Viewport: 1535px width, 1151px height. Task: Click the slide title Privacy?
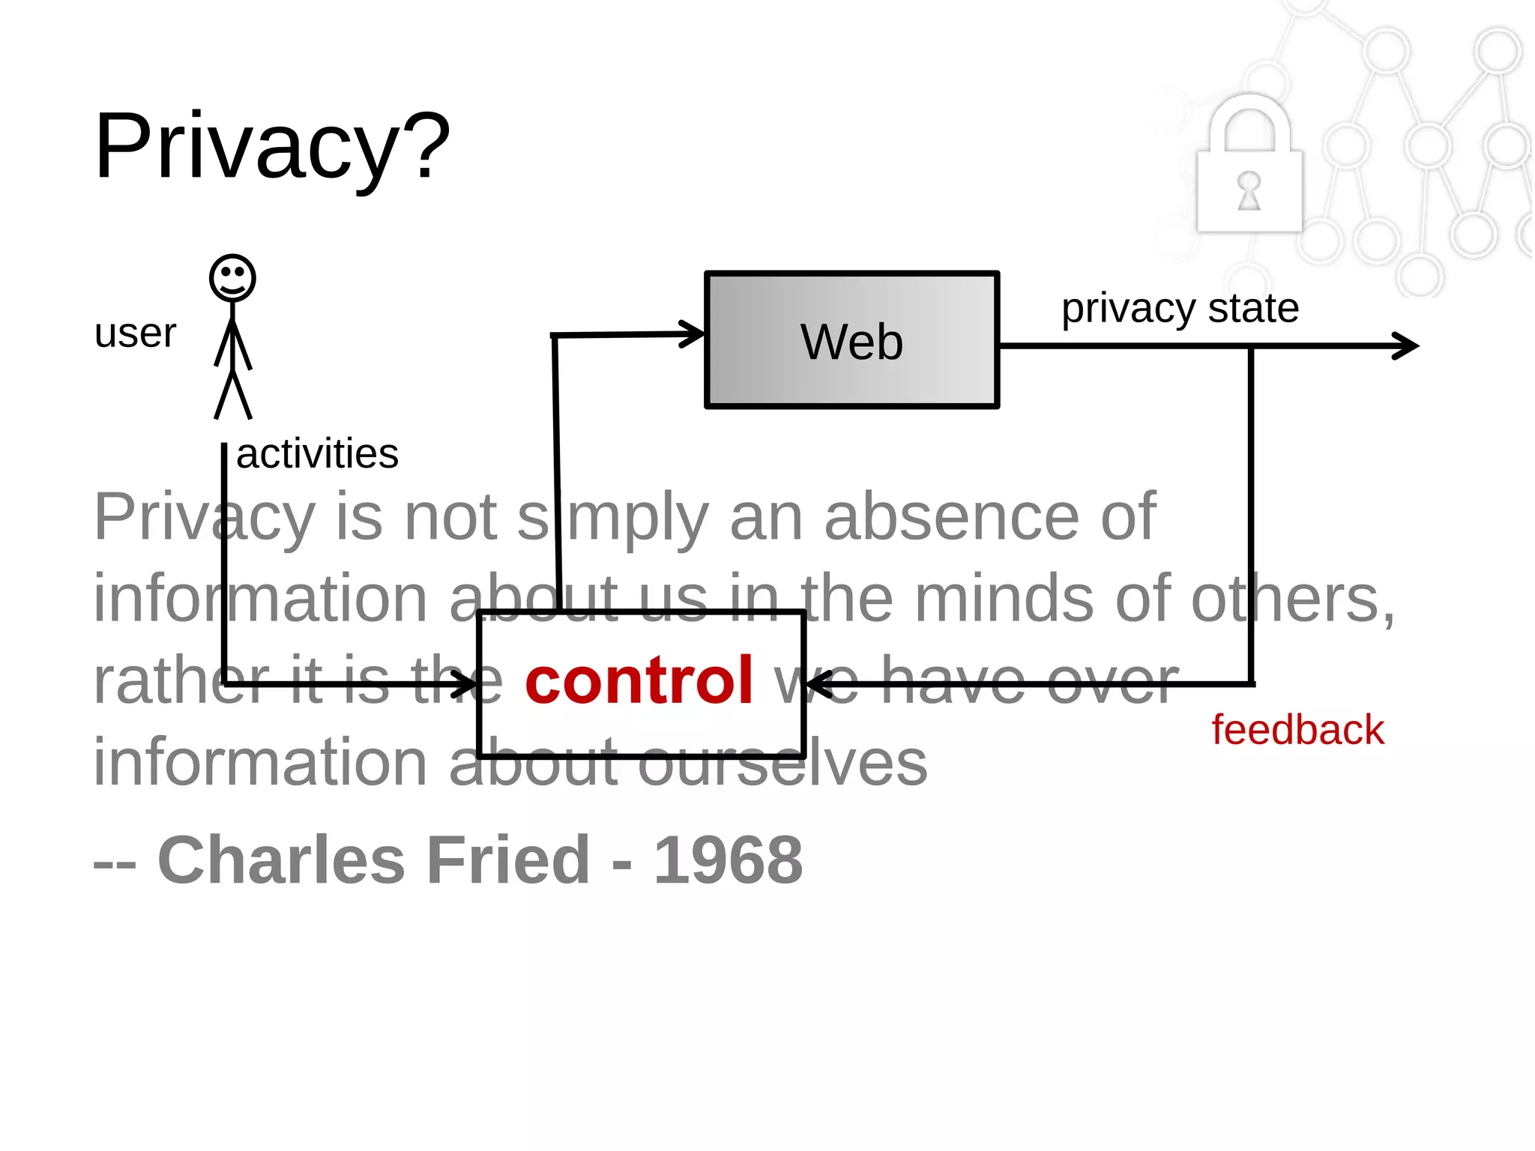[271, 146]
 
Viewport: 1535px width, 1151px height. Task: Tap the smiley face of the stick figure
[232, 278]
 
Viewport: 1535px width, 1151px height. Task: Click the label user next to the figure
[135, 333]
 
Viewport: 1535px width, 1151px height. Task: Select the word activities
[317, 454]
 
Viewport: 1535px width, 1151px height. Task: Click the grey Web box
[851, 341]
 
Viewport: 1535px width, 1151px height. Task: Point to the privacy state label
[1180, 308]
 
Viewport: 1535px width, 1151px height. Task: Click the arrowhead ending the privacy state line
[1408, 346]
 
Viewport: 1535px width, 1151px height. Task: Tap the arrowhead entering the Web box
[693, 334]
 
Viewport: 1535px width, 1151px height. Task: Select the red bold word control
[639, 680]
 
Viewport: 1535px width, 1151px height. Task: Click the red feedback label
[1297, 730]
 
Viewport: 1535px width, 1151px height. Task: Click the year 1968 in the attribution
[728, 860]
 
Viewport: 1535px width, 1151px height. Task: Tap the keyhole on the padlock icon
[1249, 190]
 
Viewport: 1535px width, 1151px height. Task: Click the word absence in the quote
[952, 517]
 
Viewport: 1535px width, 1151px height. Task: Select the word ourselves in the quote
[782, 762]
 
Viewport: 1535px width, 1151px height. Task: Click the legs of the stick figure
[233, 395]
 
